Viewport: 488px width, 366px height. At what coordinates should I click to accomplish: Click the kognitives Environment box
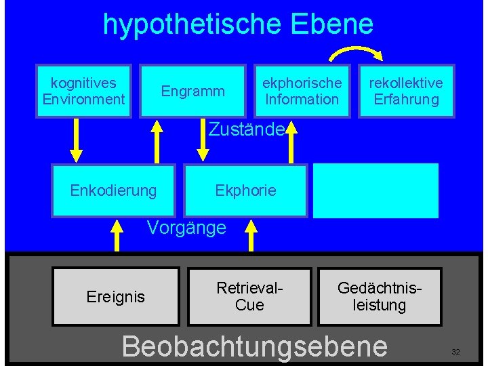click(84, 91)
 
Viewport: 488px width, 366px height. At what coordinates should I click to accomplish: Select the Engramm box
click(192, 91)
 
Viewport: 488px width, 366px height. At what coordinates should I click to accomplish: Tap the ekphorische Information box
click(302, 91)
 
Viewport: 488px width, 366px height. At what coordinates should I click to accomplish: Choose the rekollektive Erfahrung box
click(405, 91)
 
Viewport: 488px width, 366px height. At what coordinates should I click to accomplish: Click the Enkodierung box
click(113, 190)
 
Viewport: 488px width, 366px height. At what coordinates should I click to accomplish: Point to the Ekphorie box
click(245, 190)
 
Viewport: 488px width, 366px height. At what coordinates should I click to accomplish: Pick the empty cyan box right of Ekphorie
click(375, 190)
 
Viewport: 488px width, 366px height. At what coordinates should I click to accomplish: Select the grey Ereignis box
click(116, 296)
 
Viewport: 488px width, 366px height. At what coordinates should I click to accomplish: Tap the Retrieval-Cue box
click(249, 296)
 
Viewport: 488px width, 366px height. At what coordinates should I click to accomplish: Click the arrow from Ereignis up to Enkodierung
click(117, 235)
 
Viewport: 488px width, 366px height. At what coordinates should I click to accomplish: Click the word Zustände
click(246, 128)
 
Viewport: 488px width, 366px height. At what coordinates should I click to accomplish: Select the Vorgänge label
click(186, 228)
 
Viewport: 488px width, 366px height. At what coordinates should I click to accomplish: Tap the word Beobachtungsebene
click(254, 346)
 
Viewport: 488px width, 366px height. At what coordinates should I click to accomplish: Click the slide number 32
click(455, 352)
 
